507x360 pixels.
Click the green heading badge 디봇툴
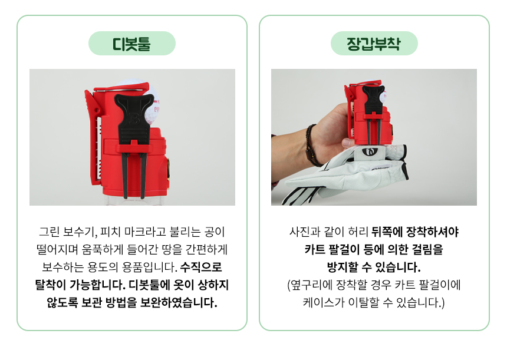132,43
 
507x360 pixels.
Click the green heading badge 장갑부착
374,43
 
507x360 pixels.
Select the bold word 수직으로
201,267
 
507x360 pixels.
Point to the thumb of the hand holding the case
348,142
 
